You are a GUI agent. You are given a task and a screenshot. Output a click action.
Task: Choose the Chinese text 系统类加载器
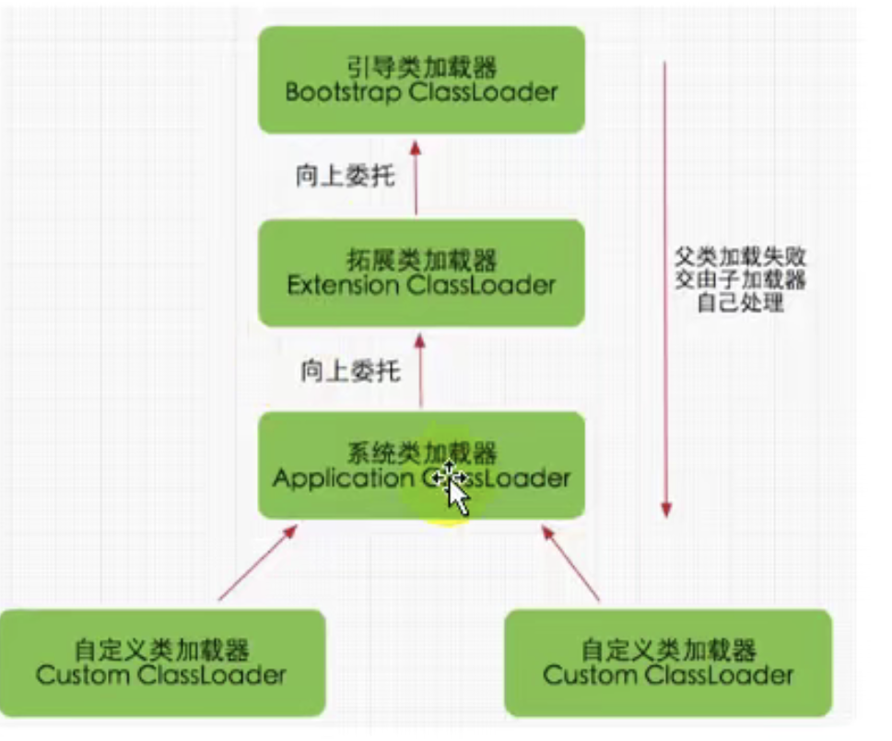[422, 453]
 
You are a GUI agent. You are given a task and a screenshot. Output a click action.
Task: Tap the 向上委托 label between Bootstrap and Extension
[345, 176]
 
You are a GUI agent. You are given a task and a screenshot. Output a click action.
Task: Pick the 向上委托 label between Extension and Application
[349, 371]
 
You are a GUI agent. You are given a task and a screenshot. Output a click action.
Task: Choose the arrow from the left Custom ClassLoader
[258, 563]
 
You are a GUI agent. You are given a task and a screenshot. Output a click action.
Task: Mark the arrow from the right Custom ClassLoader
[571, 563]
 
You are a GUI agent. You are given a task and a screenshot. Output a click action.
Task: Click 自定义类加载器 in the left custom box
[162, 651]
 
